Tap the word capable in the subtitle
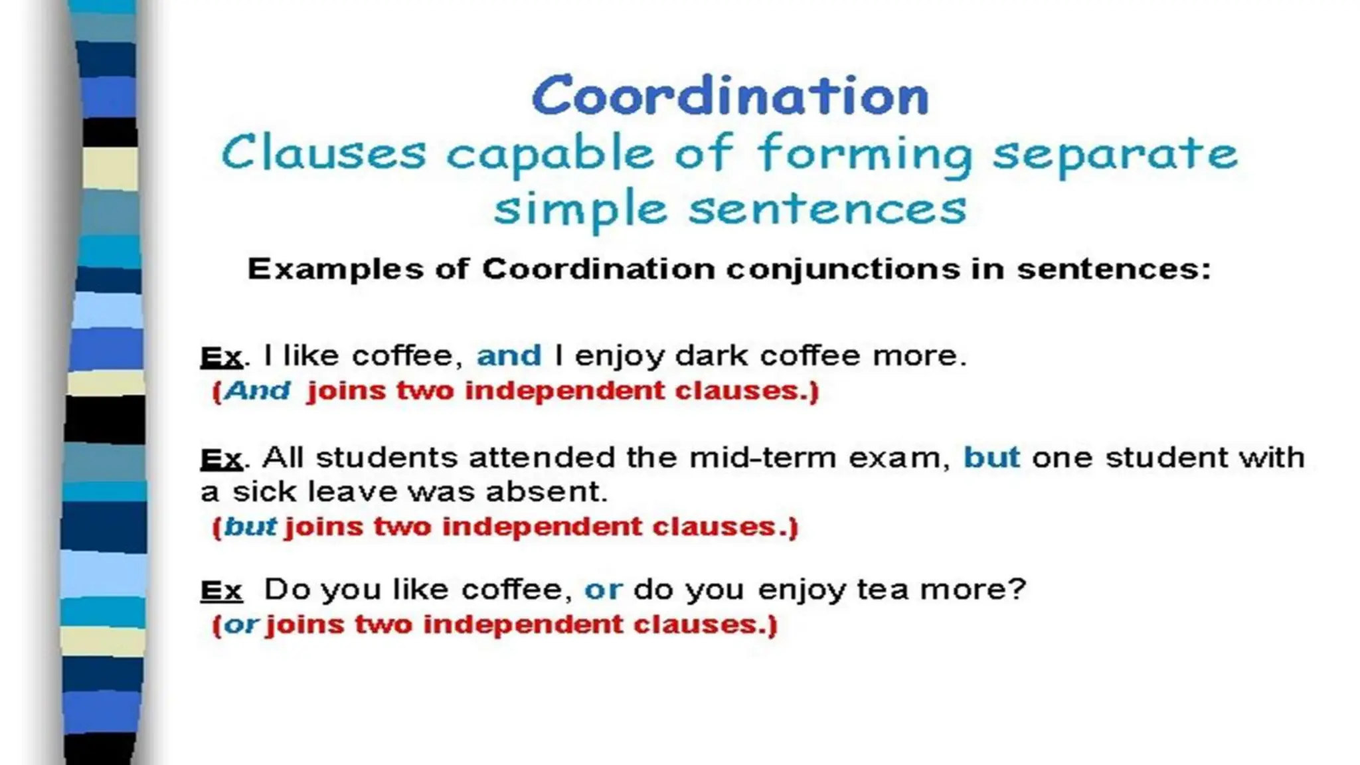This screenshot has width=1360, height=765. [x=550, y=154]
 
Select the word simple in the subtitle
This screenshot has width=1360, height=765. [x=580, y=210]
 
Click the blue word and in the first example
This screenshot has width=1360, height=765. [x=509, y=356]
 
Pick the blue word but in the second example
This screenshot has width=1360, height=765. [x=991, y=458]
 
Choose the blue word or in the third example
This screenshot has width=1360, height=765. [x=603, y=590]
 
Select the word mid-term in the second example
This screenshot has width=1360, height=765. [x=762, y=458]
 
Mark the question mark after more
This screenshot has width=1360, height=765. [x=1017, y=589]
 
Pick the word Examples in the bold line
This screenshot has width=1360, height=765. [x=335, y=270]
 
